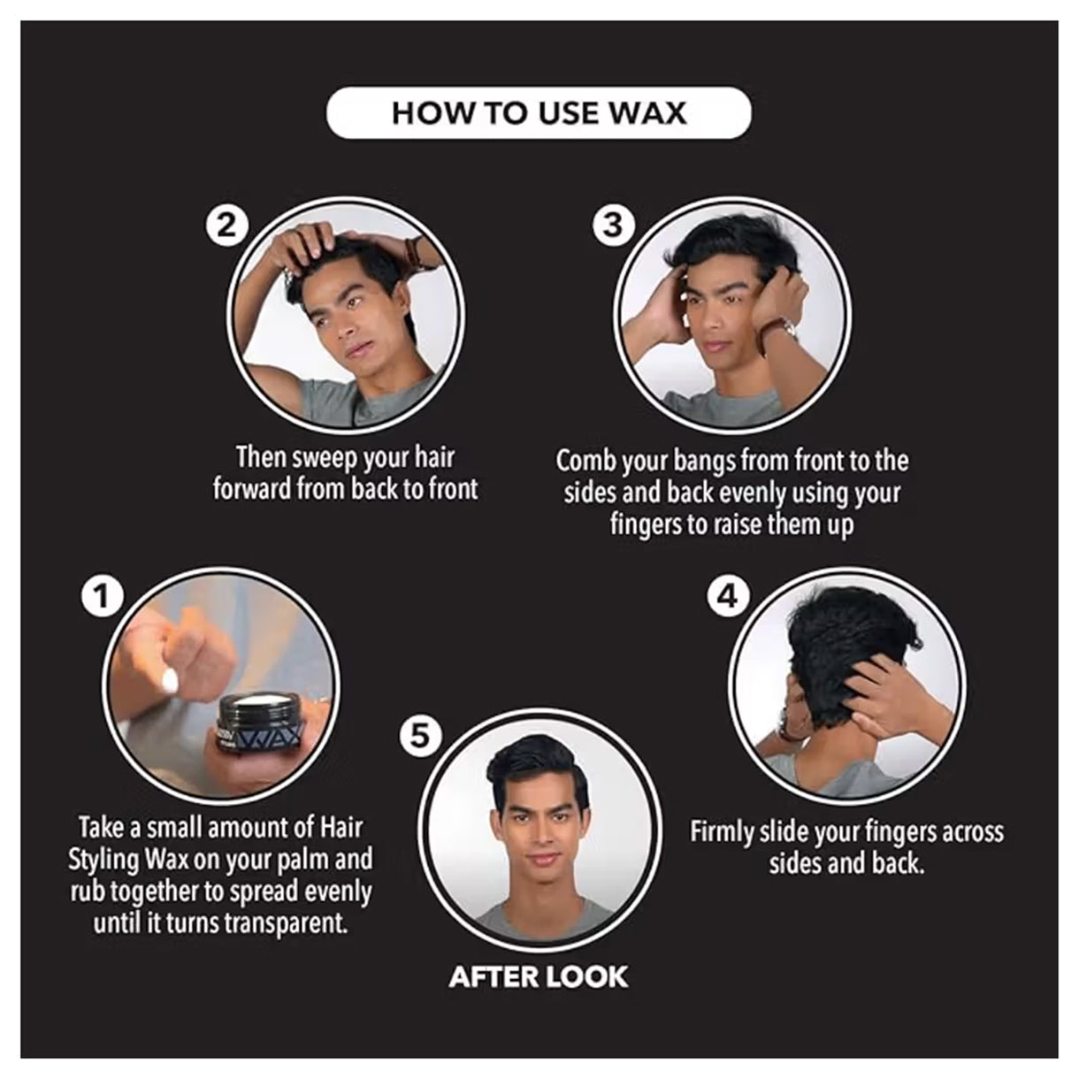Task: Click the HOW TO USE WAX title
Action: (x=539, y=114)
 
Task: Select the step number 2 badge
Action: (x=226, y=226)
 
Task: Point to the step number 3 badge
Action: (x=614, y=226)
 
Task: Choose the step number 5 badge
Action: (x=421, y=736)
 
